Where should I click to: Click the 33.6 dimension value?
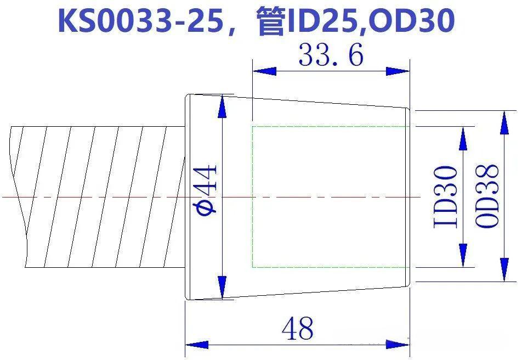331,55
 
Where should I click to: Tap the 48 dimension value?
297,328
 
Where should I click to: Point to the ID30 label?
445,197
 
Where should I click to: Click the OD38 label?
487,196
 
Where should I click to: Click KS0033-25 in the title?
140,21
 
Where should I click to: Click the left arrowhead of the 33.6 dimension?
264,71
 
